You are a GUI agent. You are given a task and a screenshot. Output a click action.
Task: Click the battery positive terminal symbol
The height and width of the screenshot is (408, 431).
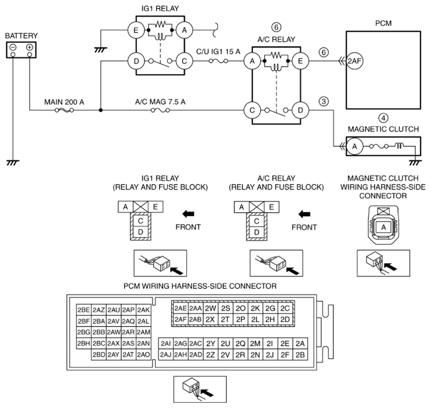[x=30, y=47]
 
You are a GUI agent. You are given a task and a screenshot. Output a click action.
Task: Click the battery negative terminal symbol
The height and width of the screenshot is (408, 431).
[x=13, y=47]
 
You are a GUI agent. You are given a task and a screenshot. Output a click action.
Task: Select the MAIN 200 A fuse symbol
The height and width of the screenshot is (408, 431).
[x=64, y=110]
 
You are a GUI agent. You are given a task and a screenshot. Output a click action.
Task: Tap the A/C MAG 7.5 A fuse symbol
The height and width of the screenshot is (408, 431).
[x=160, y=110]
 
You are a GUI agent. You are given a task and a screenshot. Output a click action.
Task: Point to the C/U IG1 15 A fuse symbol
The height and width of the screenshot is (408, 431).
[x=218, y=61]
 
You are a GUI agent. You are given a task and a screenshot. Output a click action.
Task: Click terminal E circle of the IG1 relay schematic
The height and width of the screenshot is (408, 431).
[x=136, y=30]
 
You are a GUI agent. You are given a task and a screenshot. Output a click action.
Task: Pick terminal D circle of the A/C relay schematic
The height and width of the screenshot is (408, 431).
[x=300, y=110]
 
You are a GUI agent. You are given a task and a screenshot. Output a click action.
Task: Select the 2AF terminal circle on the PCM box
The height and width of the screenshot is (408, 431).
[x=354, y=61]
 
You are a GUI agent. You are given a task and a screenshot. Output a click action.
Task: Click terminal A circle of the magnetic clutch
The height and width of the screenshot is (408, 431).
[x=354, y=147]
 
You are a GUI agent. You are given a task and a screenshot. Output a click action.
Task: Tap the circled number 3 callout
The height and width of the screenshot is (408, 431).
[x=324, y=101]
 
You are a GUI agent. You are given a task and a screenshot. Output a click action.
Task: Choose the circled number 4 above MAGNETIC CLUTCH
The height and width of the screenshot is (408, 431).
[x=383, y=118]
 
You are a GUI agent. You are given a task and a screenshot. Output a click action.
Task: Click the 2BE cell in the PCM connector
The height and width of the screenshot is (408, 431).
[x=84, y=310]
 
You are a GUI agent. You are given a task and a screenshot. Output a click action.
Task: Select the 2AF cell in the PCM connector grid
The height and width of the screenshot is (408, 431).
[x=180, y=319]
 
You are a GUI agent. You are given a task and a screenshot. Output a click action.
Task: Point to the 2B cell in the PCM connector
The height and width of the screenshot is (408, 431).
[x=300, y=355]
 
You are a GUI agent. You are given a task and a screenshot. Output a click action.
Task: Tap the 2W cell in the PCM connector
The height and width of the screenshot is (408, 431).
[x=210, y=308]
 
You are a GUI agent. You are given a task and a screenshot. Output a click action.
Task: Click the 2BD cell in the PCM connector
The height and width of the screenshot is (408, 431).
[x=99, y=355]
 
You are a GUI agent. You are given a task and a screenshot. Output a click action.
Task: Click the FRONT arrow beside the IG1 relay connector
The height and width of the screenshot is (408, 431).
[x=189, y=214]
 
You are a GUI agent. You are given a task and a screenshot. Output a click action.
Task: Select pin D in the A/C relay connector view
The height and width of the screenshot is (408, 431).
[x=256, y=232]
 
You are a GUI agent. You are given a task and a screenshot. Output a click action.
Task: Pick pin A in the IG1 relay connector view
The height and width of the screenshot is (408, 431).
[x=125, y=207]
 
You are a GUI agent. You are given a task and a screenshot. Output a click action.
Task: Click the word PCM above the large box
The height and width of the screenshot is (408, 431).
[x=383, y=23]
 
